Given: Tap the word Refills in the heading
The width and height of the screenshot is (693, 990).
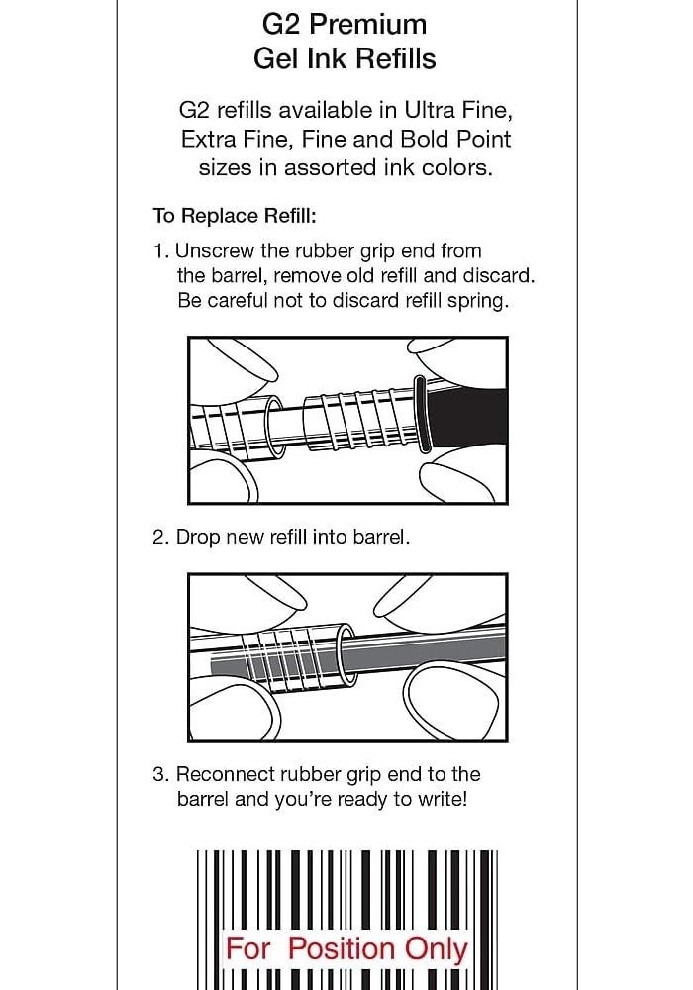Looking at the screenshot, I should coord(392,58).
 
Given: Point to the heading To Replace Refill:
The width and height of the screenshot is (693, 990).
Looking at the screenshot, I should coord(234,216).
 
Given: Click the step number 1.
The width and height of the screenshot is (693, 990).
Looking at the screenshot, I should coord(158,250).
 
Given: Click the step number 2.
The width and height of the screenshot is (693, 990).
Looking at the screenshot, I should coord(159,537).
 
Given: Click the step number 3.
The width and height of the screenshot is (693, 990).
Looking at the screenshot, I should coord(159,774).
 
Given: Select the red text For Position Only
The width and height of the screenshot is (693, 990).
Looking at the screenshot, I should coord(346,948).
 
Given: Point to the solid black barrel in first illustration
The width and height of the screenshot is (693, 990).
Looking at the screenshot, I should coord(470,416).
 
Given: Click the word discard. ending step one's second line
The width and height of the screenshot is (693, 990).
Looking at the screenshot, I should coord(498,275).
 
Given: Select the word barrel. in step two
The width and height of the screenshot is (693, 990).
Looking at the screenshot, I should coord(377,537).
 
